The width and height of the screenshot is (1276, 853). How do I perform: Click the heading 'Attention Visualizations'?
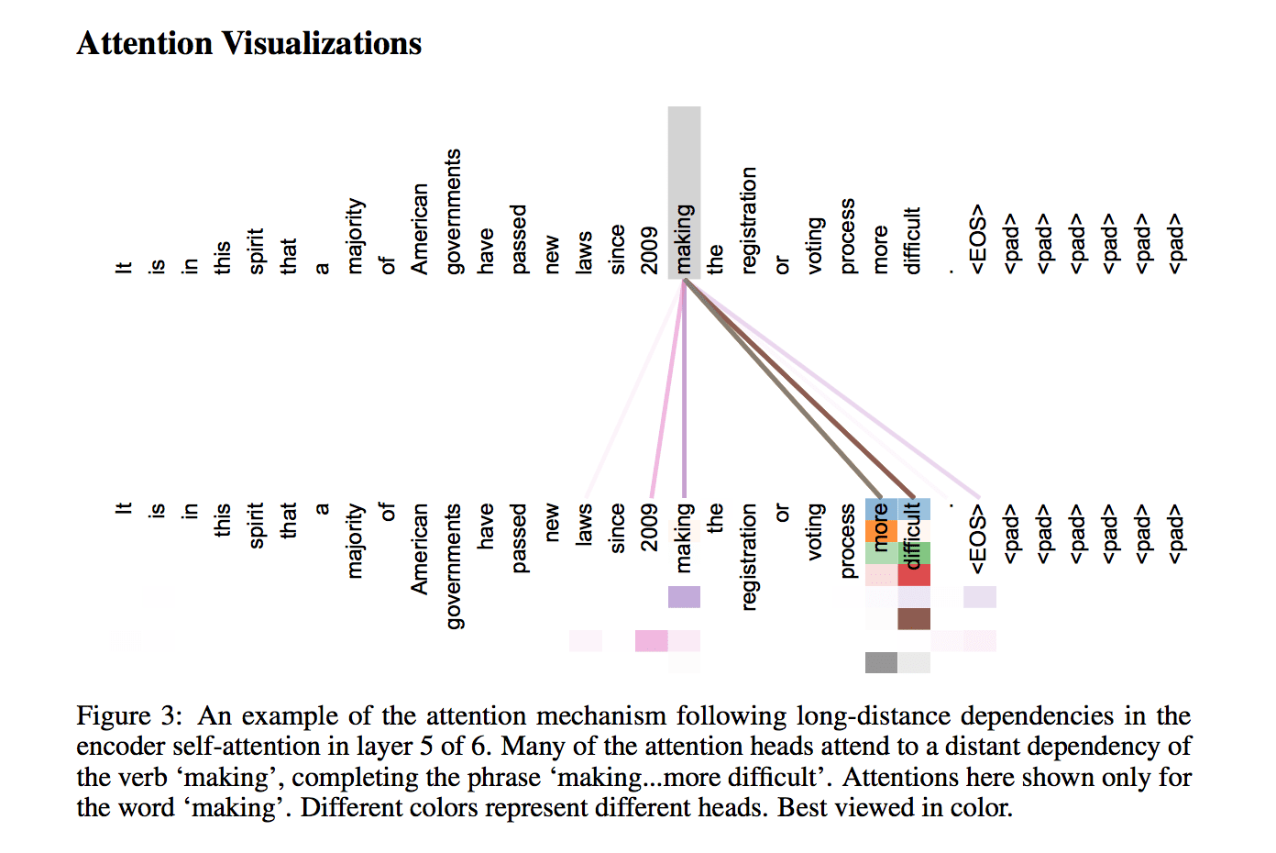[x=249, y=44]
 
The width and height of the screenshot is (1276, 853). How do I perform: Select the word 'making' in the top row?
[x=684, y=239]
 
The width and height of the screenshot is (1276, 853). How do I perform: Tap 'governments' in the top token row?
[x=453, y=211]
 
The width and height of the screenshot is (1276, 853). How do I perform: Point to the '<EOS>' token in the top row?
[x=977, y=239]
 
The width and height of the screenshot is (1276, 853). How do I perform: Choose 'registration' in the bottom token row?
[x=749, y=558]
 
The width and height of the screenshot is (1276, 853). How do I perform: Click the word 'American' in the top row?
[x=419, y=229]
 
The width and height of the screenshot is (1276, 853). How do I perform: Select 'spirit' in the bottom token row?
[x=256, y=526]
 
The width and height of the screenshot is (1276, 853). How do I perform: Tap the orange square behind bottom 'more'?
[x=881, y=531]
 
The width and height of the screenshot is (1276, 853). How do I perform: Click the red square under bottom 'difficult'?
[x=914, y=575]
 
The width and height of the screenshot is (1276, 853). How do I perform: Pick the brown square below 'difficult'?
[x=914, y=619]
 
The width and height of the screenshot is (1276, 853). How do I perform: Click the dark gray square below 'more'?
[x=881, y=663]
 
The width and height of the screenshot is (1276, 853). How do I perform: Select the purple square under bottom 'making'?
[x=684, y=596]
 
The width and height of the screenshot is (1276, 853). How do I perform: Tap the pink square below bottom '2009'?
[x=652, y=641]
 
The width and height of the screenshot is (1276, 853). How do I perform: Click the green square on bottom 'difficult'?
[x=914, y=553]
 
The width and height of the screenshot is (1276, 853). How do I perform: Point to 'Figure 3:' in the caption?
[x=129, y=716]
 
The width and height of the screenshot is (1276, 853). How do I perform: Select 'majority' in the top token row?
[x=355, y=236]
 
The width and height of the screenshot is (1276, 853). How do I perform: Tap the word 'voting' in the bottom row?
[x=815, y=532]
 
